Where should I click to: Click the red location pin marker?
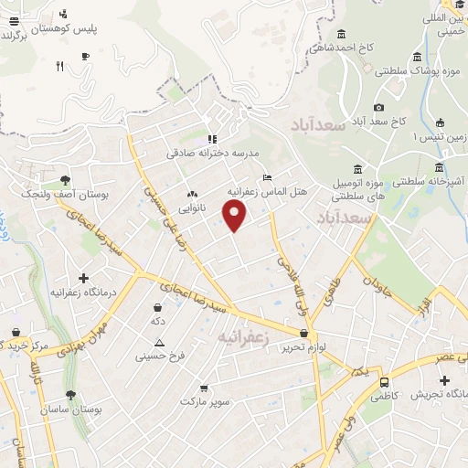(x=236, y=216)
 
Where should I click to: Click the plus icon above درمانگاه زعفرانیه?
(x=84, y=277)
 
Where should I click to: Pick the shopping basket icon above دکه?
(x=158, y=307)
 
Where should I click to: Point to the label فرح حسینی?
(x=160, y=356)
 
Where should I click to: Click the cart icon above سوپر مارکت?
(x=203, y=388)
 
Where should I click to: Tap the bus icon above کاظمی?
(x=384, y=382)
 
